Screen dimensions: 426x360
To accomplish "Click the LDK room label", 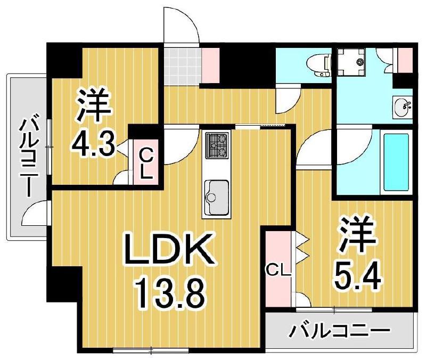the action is click(168, 250).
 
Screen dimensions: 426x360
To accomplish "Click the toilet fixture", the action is click(318, 64).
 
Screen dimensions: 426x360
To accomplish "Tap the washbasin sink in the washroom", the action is click(403, 108).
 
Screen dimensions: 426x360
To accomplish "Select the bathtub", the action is click(396, 162).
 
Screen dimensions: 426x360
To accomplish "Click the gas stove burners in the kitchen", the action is click(217, 145).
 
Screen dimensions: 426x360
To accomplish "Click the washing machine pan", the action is click(350, 62).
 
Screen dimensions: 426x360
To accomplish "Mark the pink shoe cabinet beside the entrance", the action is click(210, 65).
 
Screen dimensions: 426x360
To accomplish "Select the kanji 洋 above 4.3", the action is click(94, 106).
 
